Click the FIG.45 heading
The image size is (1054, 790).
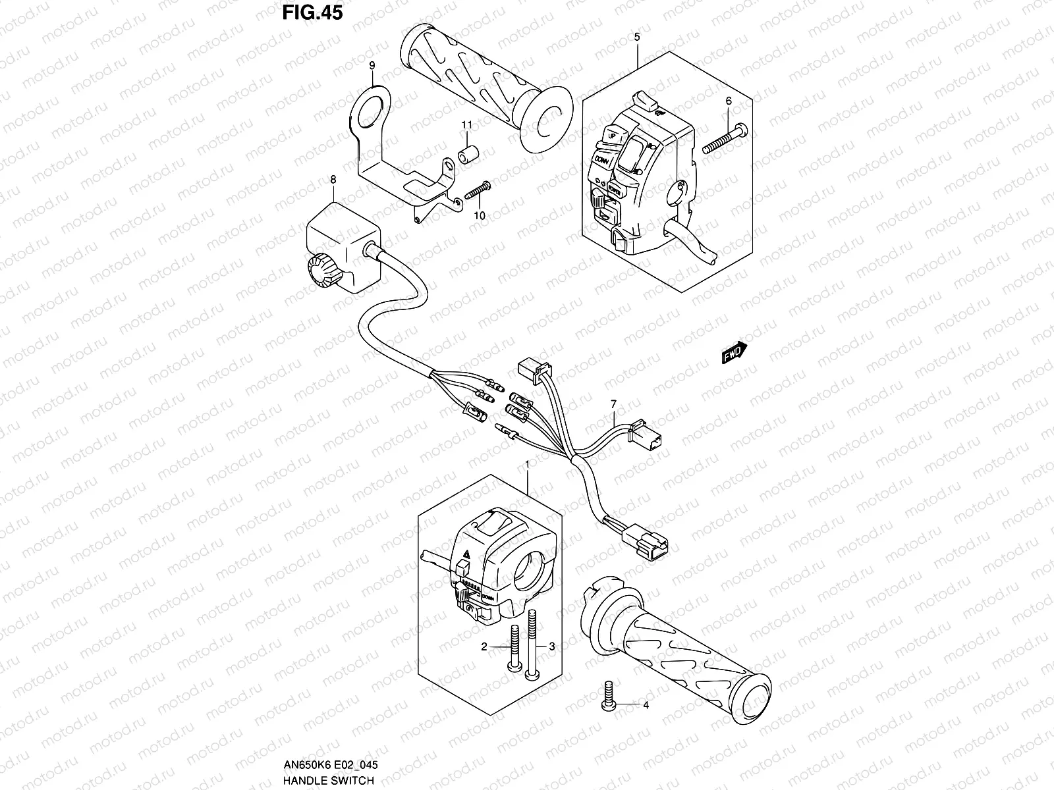[312, 13]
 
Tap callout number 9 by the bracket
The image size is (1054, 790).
[372, 65]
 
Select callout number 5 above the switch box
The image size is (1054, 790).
[637, 37]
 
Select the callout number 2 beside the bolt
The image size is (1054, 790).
[484, 647]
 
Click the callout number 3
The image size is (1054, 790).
[552, 647]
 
